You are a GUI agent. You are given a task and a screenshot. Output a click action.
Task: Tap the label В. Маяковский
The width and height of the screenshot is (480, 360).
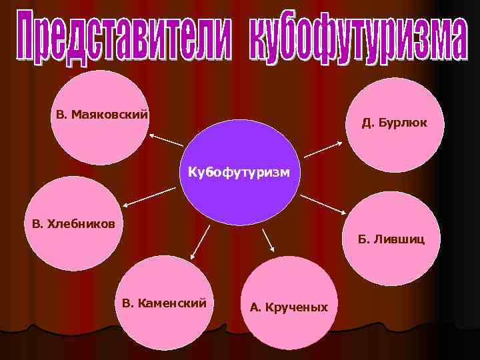point(102,115)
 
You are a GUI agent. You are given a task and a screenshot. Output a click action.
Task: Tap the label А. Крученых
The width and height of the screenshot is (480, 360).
point(289,307)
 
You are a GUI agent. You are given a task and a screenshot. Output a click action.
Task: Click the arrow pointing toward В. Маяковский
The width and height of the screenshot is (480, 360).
point(166,140)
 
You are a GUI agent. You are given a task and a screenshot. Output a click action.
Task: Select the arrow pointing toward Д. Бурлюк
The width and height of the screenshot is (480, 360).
point(324,148)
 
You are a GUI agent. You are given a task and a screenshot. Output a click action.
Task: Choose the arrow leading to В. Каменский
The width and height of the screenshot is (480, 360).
point(200,241)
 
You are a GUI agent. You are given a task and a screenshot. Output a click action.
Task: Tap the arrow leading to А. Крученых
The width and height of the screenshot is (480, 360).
point(268,240)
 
